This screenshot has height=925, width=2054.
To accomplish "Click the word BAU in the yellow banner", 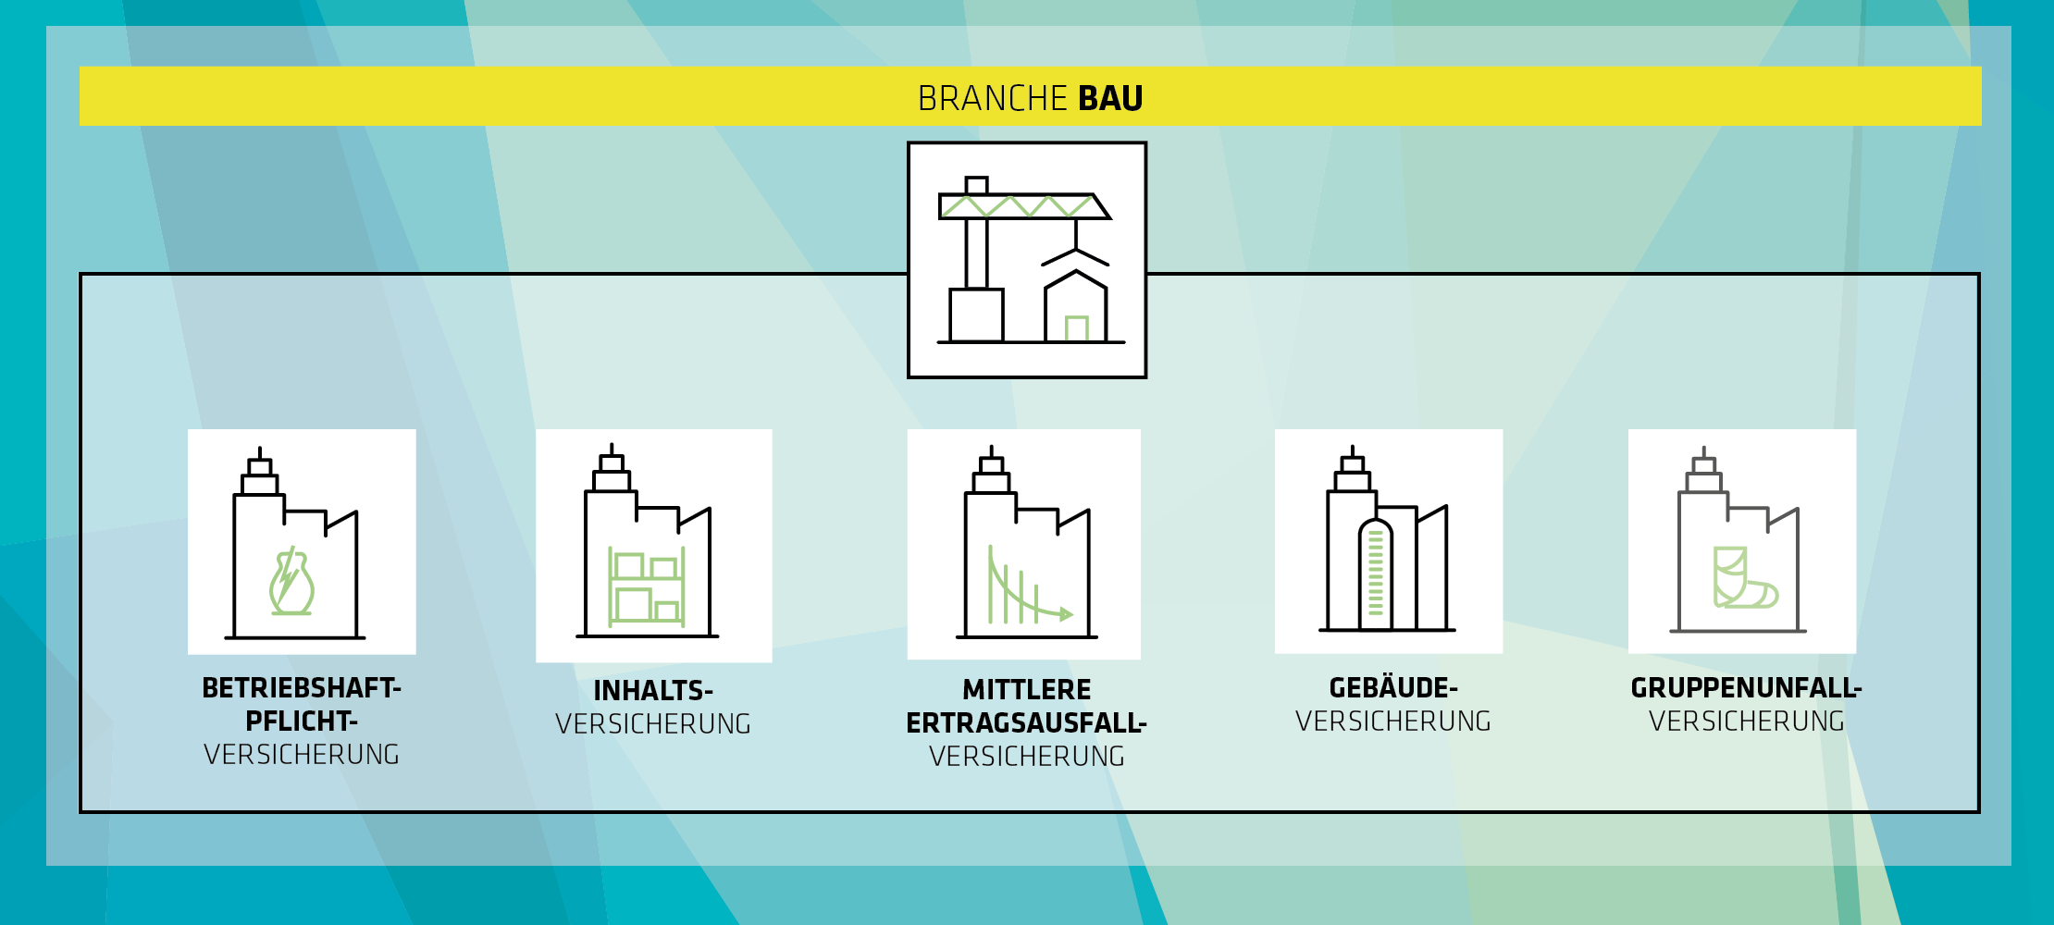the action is coord(1110,98).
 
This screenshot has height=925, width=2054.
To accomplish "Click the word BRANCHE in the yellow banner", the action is coord(993,98).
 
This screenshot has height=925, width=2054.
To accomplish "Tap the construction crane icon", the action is coord(1027,260).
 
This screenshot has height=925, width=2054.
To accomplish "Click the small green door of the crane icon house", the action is coord(1076,328).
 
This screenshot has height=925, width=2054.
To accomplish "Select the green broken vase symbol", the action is coord(291,581).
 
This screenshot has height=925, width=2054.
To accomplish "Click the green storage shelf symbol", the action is coord(647,587).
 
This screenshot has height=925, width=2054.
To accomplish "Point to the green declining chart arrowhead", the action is coord(1066,614).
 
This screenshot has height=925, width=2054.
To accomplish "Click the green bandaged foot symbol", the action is coord(1743,578).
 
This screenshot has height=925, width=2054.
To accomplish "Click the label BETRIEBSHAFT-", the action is coord(302,688).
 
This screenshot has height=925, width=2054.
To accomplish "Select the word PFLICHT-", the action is coord(302,721).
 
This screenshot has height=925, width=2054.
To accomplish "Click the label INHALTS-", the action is coord(653,691).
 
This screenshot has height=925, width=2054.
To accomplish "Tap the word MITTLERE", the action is coord(1027,690).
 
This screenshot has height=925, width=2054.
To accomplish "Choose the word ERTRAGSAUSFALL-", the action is coord(1027,723).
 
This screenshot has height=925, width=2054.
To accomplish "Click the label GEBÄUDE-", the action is coord(1393,688).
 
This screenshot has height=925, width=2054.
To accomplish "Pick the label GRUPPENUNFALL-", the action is coord(1747,688).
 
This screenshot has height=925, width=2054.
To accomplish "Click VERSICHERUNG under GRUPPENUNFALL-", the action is coord(1747,721).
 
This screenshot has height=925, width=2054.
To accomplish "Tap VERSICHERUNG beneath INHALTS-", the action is coord(653,724).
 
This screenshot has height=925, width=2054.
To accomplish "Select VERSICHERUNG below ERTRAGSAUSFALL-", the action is coord(1027,757).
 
